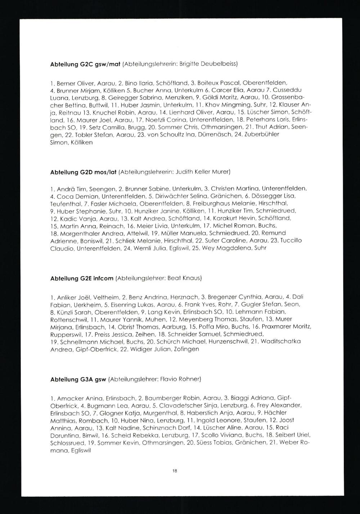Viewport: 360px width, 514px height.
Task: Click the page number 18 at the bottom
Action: click(175, 470)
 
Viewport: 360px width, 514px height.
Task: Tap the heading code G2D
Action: click(86, 172)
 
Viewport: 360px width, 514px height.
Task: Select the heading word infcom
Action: click(104, 278)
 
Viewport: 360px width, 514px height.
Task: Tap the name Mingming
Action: click(232, 105)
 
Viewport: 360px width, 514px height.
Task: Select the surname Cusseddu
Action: click(289, 89)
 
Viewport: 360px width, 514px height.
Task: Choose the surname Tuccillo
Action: click(291, 241)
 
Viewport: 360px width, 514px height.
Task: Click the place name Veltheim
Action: click(104, 297)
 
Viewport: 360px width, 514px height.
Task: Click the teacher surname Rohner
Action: click(189, 379)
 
